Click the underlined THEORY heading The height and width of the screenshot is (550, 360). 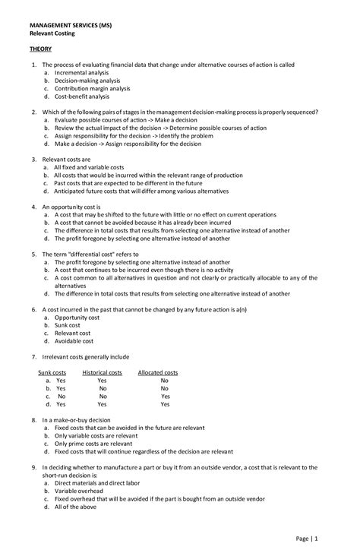tap(41, 48)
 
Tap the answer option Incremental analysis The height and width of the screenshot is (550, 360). tap(83, 72)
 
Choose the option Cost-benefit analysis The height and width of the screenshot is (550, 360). tap(82, 96)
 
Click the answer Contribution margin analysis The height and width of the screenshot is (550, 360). tap(93, 88)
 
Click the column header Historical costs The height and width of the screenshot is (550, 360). tap(102, 373)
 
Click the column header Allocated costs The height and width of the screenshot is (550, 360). tap(158, 373)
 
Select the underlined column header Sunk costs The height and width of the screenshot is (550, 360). tap(52, 373)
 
